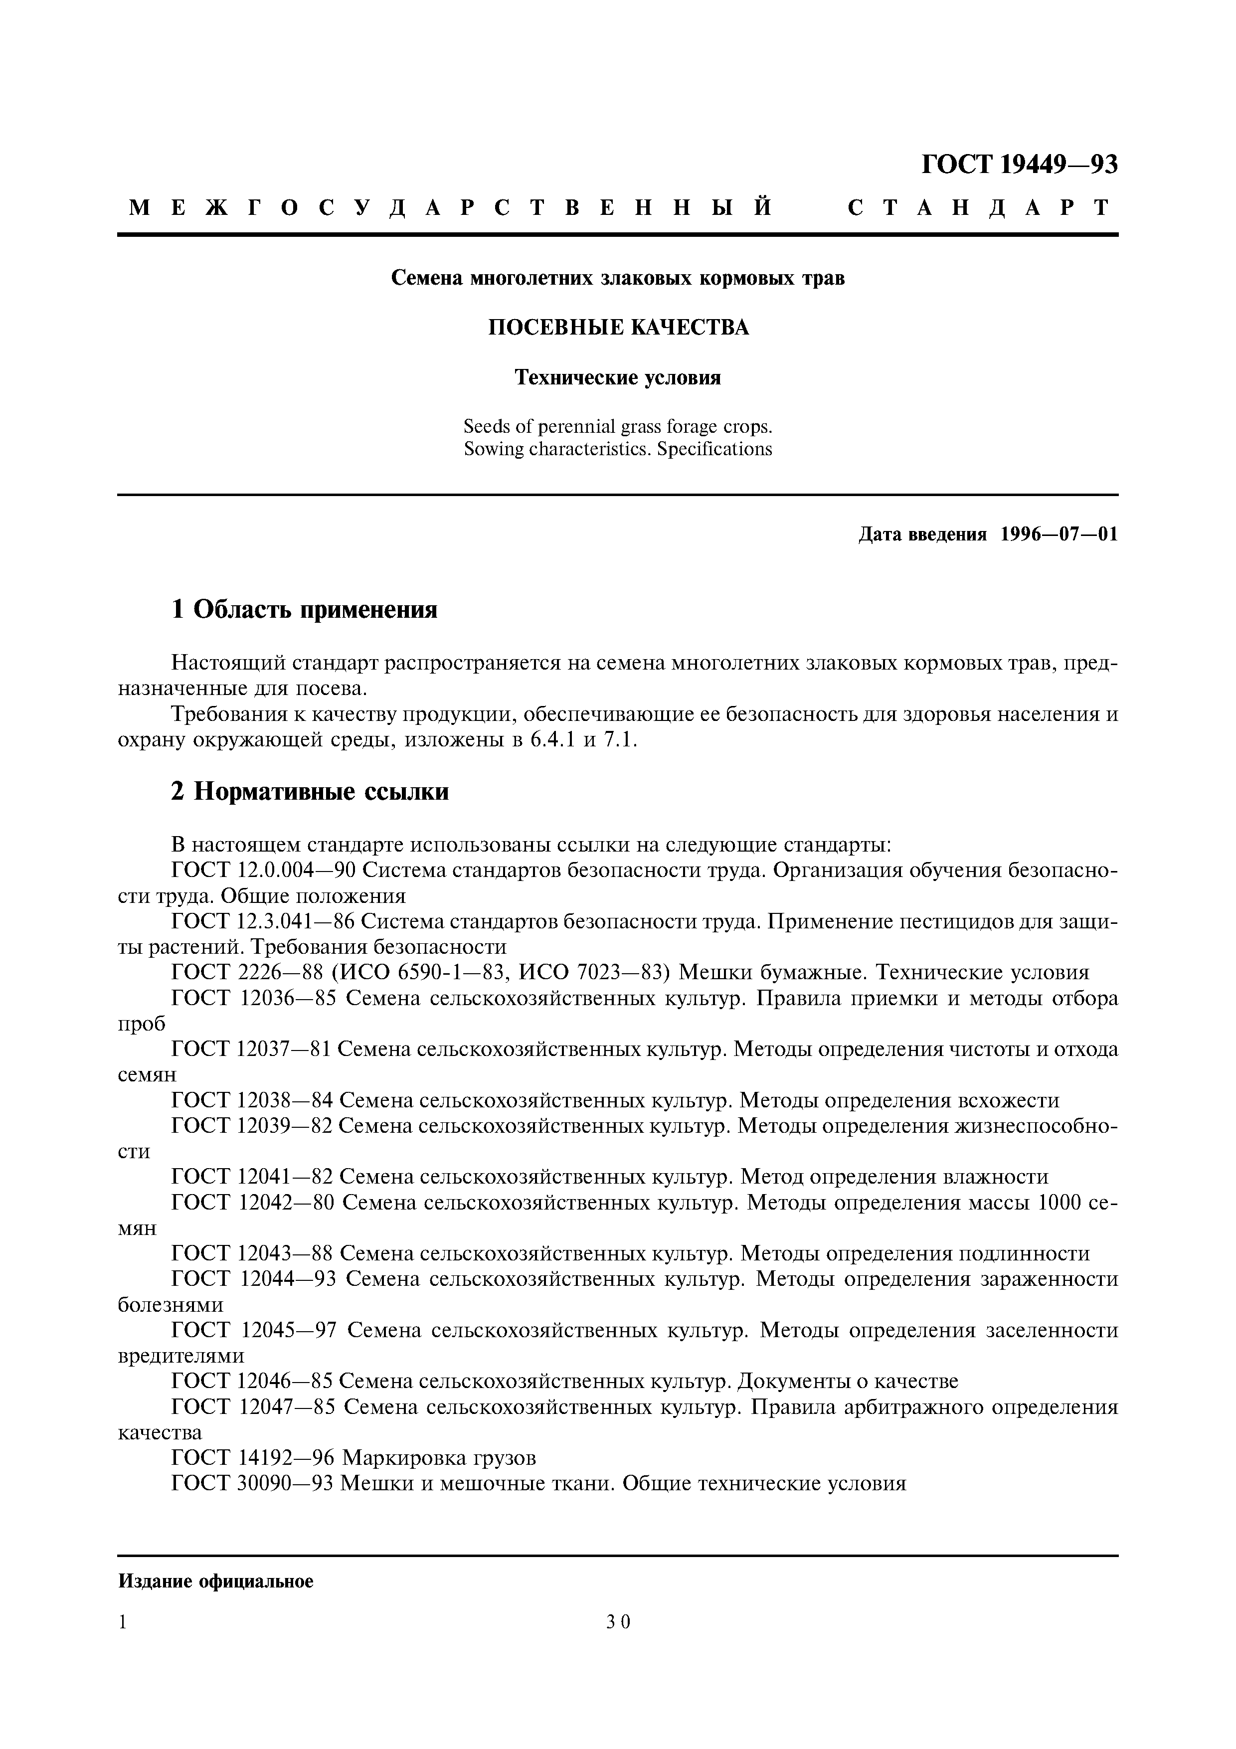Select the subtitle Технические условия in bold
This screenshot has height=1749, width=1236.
(x=618, y=378)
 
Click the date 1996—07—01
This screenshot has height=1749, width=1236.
(x=1059, y=535)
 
